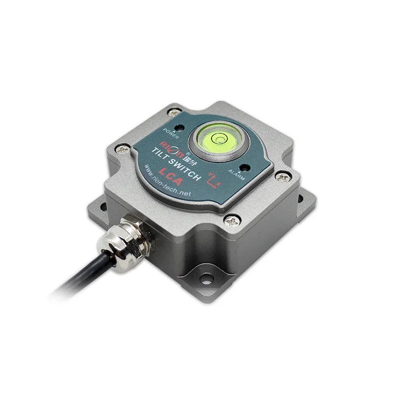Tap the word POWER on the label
171,132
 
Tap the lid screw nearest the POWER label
174,113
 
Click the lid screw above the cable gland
124,147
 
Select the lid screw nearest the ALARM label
283,177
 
